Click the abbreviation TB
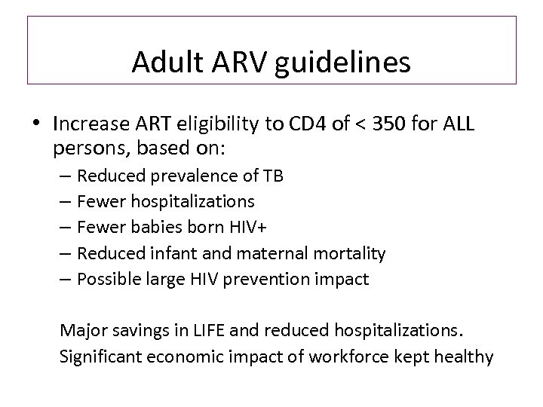[x=272, y=177]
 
